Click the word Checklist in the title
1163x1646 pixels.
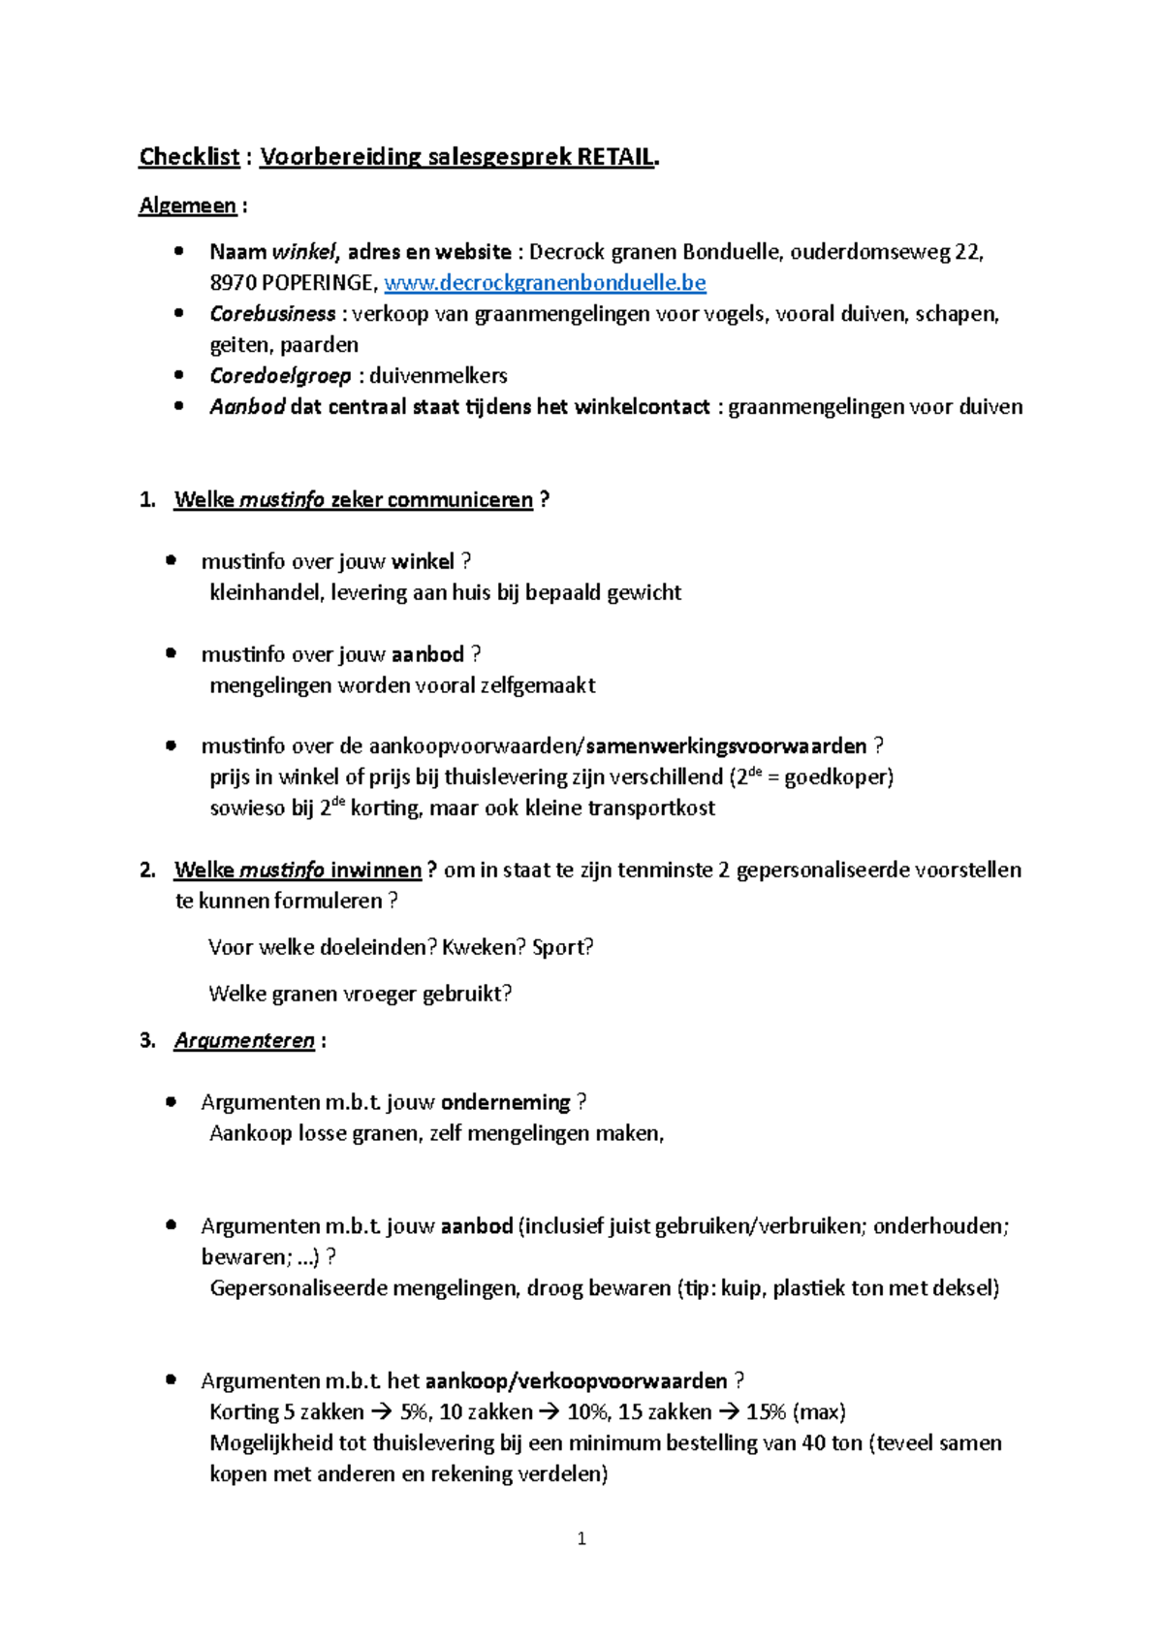click(x=189, y=157)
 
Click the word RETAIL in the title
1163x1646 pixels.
click(x=615, y=157)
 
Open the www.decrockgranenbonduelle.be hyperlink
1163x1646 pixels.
click(x=545, y=283)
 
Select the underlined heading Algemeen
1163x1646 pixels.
click(x=187, y=206)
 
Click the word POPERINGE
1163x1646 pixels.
click(x=317, y=283)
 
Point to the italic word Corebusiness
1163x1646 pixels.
click(x=272, y=314)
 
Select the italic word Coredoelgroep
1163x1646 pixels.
click(x=280, y=376)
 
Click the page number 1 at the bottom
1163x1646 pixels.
click(x=581, y=1538)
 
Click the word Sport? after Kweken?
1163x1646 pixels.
click(x=563, y=947)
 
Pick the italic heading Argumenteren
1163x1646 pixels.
click(x=244, y=1041)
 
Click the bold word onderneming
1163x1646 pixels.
click(x=505, y=1102)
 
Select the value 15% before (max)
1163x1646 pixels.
click(x=766, y=1412)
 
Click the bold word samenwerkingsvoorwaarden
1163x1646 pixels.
click(x=726, y=746)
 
